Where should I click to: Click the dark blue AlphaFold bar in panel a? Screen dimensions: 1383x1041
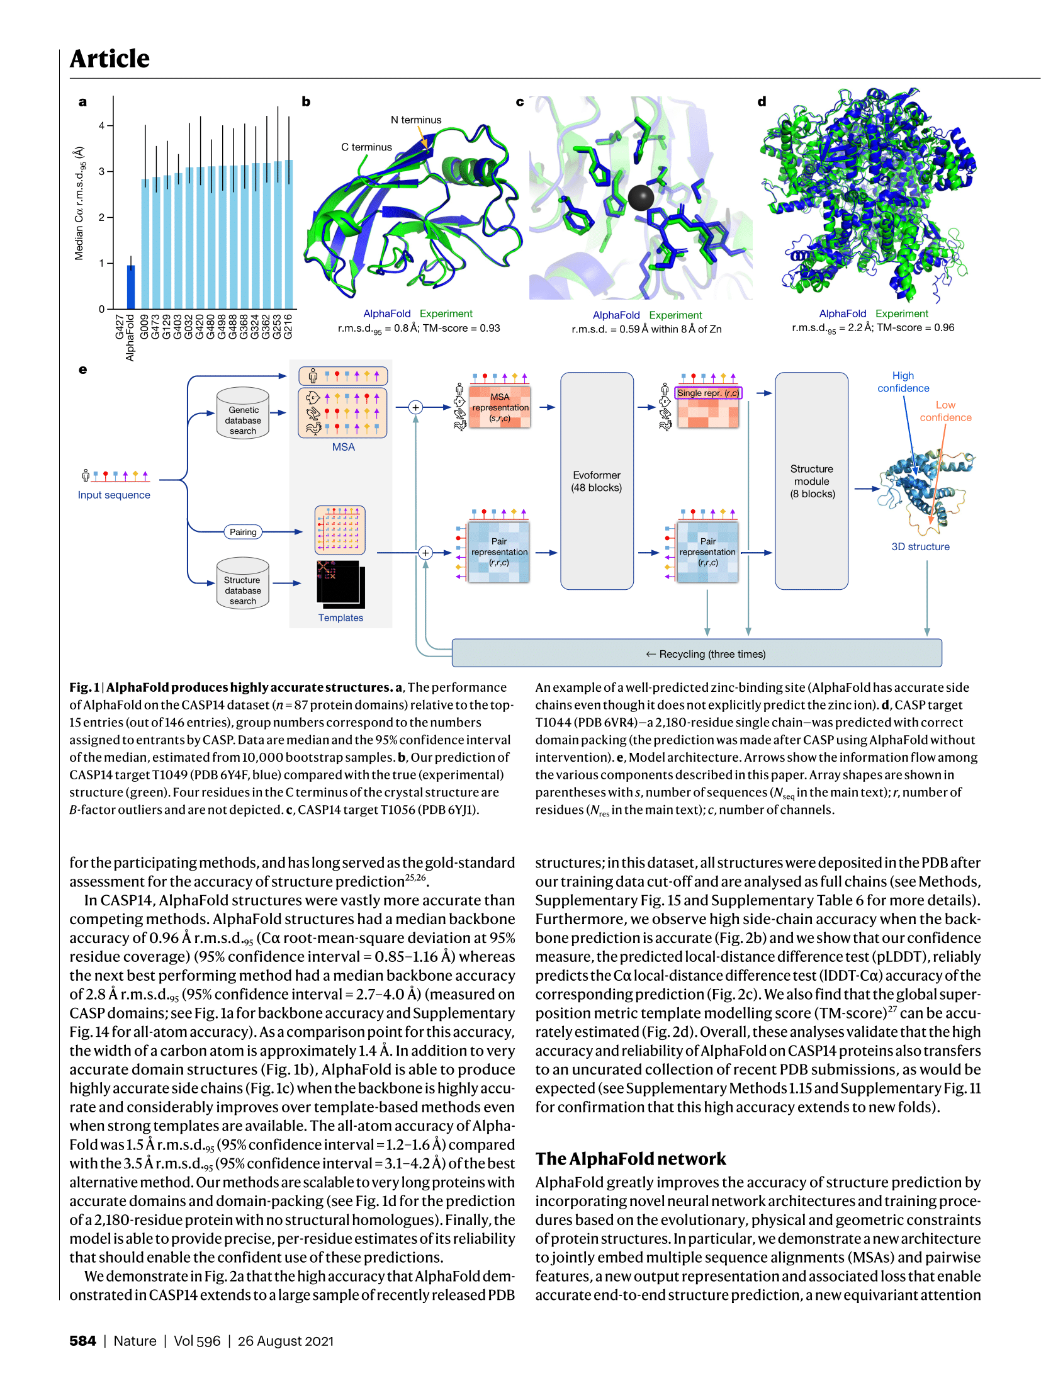pyautogui.click(x=131, y=287)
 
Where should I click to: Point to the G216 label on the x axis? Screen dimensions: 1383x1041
pyautogui.click(x=288, y=327)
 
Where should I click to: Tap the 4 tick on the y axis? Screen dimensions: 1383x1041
pyautogui.click(x=102, y=126)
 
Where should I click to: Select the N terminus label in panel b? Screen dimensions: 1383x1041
pyautogui.click(x=415, y=120)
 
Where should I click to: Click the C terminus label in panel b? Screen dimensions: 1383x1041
pyautogui.click(x=366, y=147)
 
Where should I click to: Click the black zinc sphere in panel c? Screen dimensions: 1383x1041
pyautogui.click(x=641, y=198)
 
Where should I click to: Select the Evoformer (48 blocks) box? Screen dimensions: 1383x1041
pyautogui.click(x=596, y=481)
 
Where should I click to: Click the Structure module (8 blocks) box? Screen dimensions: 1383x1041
pyautogui.click(x=811, y=481)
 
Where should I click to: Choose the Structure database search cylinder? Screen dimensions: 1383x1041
pyautogui.click(x=243, y=584)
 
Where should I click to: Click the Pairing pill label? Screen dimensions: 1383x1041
pyautogui.click(x=243, y=532)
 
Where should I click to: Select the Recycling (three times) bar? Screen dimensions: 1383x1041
pyautogui.click(x=696, y=653)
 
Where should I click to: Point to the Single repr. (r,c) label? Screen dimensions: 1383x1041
pyautogui.click(x=708, y=393)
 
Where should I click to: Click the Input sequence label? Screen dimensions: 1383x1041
pyautogui.click(x=114, y=495)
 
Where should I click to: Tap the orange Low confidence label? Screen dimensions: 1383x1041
pyautogui.click(x=945, y=411)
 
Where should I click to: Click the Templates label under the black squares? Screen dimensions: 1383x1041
pyautogui.click(x=340, y=618)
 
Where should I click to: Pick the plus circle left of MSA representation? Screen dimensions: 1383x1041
pyautogui.click(x=415, y=407)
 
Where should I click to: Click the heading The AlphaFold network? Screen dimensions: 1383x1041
pyautogui.click(x=631, y=1159)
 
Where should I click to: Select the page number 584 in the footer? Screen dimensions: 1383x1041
pyautogui.click(x=82, y=1341)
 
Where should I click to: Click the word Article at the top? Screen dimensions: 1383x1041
pyautogui.click(x=110, y=59)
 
